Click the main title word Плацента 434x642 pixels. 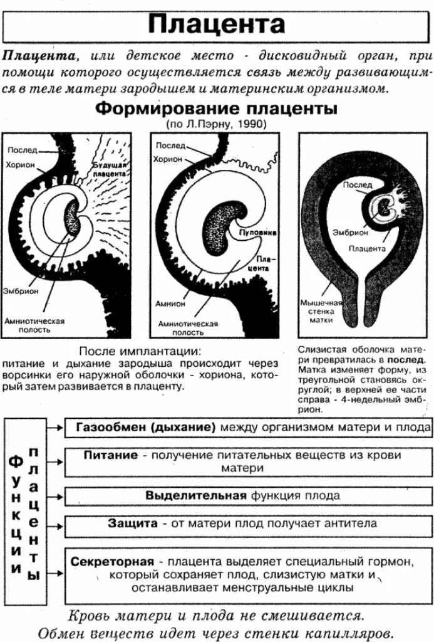(x=217, y=24)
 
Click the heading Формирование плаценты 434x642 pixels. (x=216, y=108)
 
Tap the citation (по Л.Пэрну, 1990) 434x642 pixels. (x=216, y=124)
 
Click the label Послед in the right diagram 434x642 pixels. (x=358, y=185)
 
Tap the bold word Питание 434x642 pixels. (x=111, y=456)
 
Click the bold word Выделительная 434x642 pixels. (x=196, y=495)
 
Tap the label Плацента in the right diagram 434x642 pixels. (x=367, y=248)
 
